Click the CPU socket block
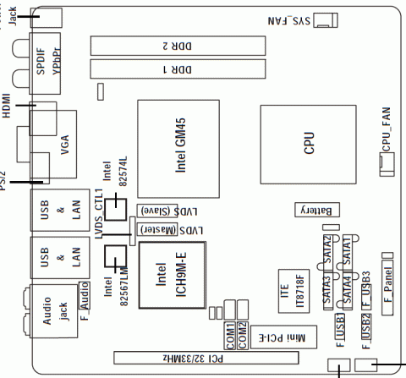[x=306, y=141]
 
